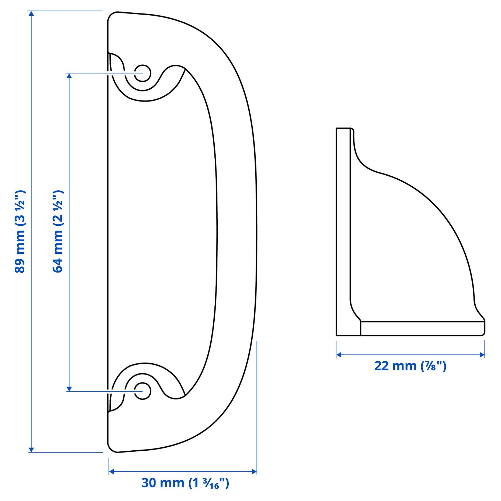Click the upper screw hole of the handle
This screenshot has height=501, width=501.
[142, 73]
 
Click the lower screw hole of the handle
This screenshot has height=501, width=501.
[142, 391]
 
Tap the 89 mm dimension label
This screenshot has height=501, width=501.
[20, 232]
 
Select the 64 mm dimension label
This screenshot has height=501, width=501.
[58, 232]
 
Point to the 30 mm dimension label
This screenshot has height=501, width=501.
[185, 483]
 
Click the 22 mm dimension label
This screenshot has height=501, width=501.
[410, 366]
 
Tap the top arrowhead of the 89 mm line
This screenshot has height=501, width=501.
[31, 13]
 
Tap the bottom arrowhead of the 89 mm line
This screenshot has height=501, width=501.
[31, 450]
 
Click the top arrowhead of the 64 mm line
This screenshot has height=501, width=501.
[69, 76]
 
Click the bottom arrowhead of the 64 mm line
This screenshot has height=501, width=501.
[69, 389]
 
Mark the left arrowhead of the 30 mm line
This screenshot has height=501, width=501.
[111, 471]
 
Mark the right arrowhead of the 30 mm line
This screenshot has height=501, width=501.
[254, 471]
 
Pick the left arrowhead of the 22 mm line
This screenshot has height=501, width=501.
[339, 355]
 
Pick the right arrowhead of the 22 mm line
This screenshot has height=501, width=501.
[482, 355]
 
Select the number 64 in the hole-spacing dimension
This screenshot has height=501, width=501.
[58, 266]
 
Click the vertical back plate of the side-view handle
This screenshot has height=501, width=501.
[343, 232]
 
